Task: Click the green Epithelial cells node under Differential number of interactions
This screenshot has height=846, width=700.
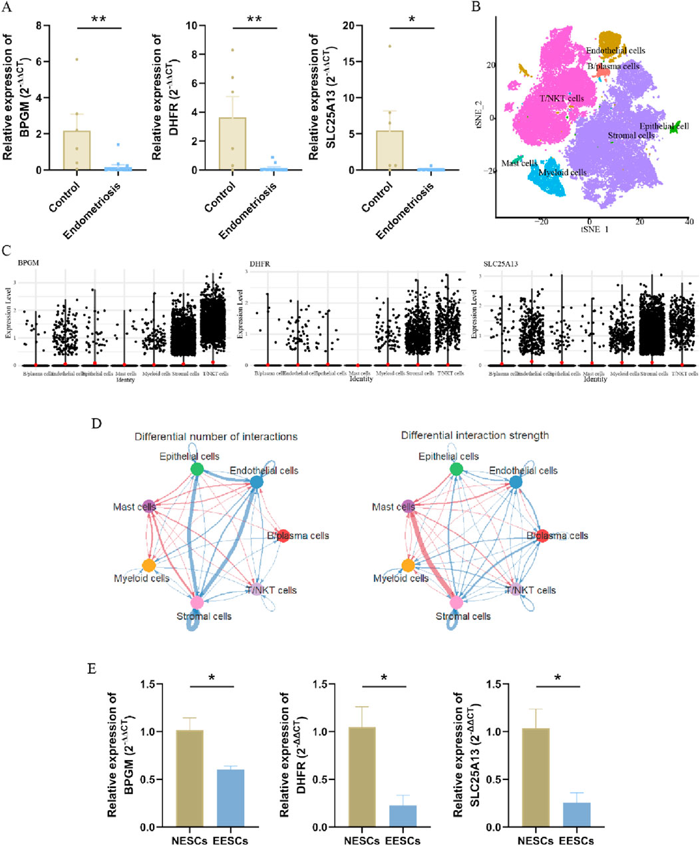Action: coord(196,469)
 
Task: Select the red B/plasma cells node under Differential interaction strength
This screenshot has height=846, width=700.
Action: coord(542,536)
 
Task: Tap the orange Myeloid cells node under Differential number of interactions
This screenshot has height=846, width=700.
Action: coord(149,566)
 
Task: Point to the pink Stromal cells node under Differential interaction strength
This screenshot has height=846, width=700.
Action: coord(456,602)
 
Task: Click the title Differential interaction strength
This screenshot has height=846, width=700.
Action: coord(474,435)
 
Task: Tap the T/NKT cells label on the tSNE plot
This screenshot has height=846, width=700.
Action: coord(562,99)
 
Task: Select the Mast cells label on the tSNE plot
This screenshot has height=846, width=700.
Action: coord(519,163)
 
